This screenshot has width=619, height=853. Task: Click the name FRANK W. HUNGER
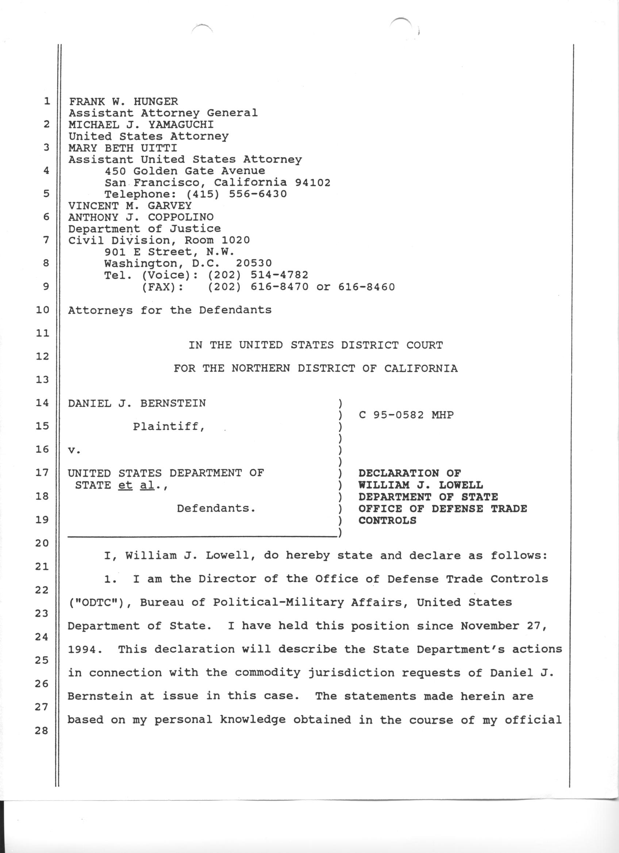123,101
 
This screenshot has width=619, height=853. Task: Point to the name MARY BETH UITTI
122,148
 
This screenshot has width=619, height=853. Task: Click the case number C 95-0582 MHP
406,415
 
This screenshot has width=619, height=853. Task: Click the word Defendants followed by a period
216,508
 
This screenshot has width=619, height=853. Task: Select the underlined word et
125,485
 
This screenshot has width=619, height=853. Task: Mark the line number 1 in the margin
46,101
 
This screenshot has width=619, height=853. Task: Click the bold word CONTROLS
387,520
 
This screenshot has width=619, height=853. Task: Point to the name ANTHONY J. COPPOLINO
141,217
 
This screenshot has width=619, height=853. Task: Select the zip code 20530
254,263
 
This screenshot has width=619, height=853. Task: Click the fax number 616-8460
366,287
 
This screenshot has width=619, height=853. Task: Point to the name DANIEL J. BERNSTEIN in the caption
137,404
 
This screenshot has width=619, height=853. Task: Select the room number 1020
235,240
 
